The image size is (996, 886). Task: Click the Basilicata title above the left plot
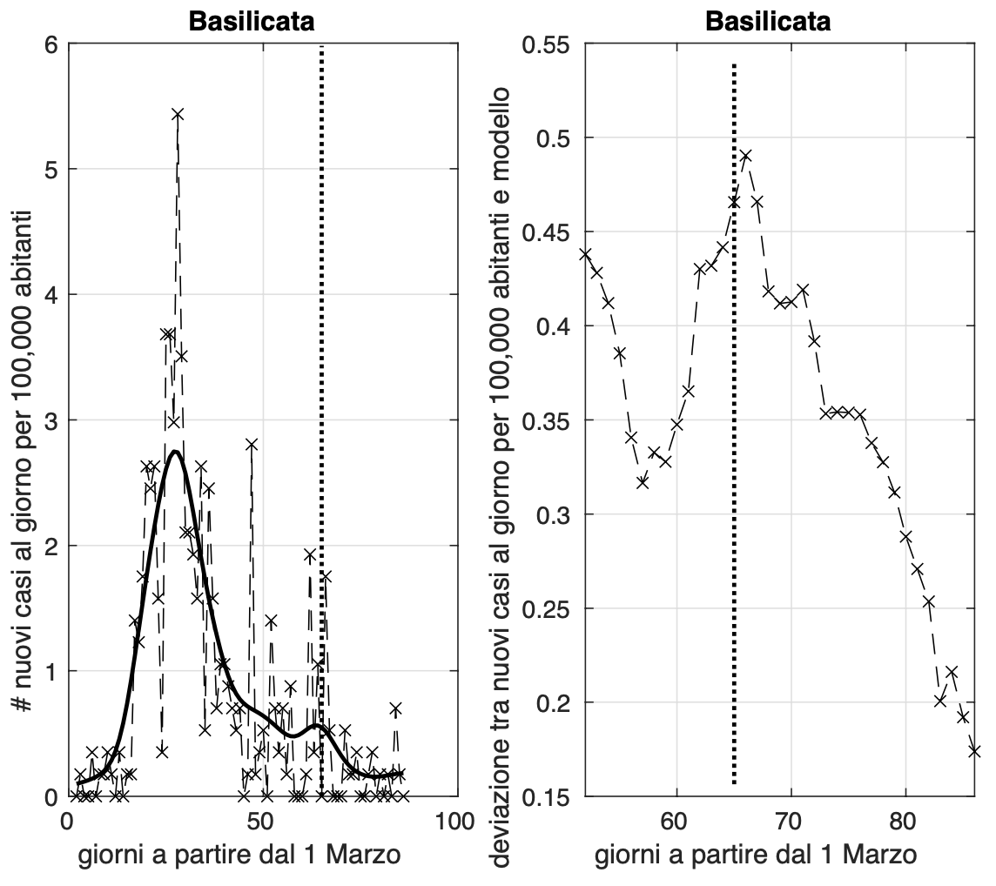[x=252, y=21]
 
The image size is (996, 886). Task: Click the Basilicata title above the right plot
[x=769, y=21]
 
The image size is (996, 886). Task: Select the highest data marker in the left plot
[x=178, y=114]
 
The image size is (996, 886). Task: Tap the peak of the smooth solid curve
[x=176, y=452]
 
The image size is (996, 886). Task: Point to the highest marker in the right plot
[x=745, y=156]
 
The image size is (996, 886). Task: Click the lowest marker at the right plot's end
[x=974, y=750]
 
